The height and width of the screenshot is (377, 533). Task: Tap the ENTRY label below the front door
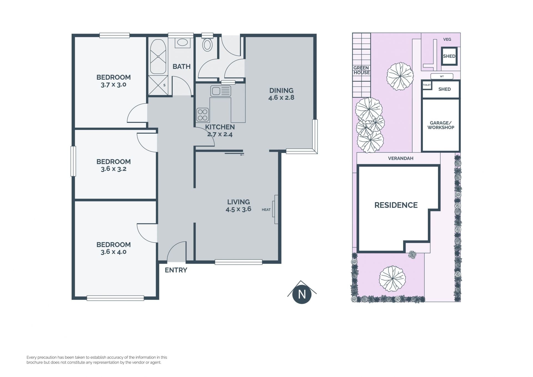176,270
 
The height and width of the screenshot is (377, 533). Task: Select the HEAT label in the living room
266,210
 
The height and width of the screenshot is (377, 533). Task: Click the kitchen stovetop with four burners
202,115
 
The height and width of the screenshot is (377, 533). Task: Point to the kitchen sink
221,91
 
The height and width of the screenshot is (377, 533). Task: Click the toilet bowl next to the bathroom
207,44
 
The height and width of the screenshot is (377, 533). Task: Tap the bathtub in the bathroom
158,56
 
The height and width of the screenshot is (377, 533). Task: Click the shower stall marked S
158,85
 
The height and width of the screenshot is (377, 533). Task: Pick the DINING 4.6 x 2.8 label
281,94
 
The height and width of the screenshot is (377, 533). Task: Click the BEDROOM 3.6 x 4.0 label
114,248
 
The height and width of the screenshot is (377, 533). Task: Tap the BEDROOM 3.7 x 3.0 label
114,81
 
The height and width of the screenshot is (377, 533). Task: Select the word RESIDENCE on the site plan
396,205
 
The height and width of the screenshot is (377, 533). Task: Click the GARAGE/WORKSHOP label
441,125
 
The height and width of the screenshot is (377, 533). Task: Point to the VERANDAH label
401,158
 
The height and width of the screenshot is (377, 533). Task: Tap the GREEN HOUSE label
361,70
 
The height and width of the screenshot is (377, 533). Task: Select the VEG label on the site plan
447,39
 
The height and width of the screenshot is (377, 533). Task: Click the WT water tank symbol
442,76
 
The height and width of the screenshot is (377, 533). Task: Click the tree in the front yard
392,279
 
